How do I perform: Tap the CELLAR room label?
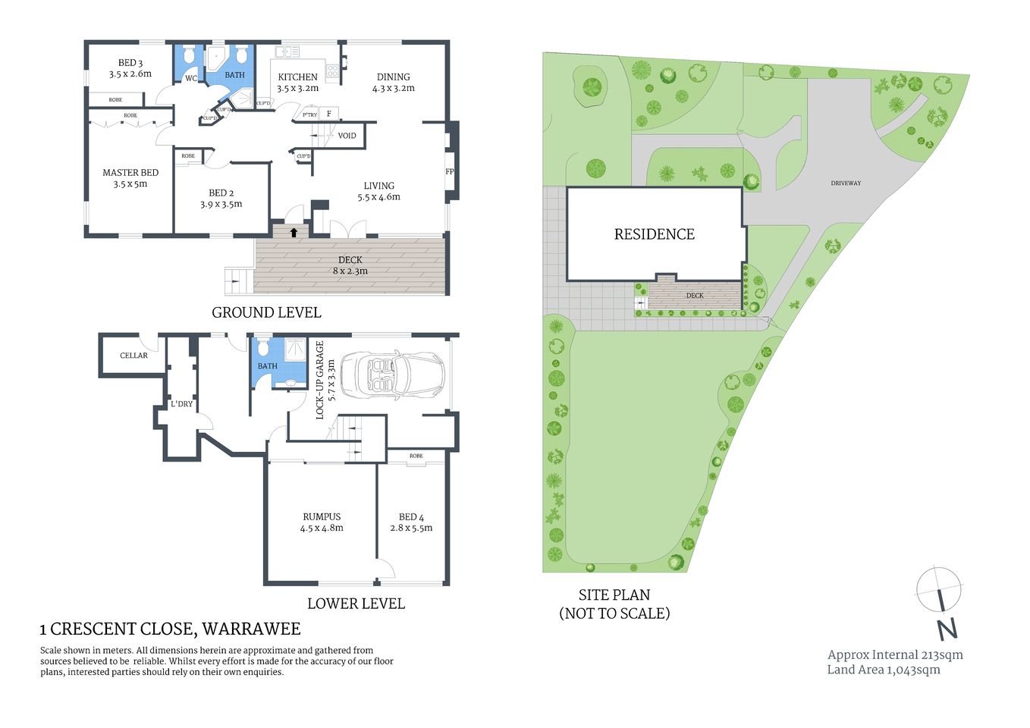[x=133, y=355]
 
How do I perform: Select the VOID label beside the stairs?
[x=347, y=136]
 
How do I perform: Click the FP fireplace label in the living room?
[x=449, y=171]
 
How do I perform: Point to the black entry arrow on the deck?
[x=294, y=232]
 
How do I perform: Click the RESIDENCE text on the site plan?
[x=654, y=234]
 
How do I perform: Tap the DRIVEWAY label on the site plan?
[x=846, y=183]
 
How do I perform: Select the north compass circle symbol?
[x=939, y=589]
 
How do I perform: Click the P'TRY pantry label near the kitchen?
[x=309, y=115]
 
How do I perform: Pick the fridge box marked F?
[x=328, y=114]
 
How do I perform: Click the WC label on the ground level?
[x=191, y=78]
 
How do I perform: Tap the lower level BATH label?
[x=268, y=366]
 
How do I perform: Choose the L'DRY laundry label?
[x=182, y=404]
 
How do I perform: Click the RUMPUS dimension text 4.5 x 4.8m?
[x=322, y=528]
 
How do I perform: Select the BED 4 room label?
[x=411, y=516]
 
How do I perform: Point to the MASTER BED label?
[x=130, y=173]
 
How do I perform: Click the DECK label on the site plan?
[x=695, y=296]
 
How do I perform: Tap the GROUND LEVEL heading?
[x=266, y=312]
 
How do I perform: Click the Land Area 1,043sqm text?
[x=884, y=670]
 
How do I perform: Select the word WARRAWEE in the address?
[x=251, y=629]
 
